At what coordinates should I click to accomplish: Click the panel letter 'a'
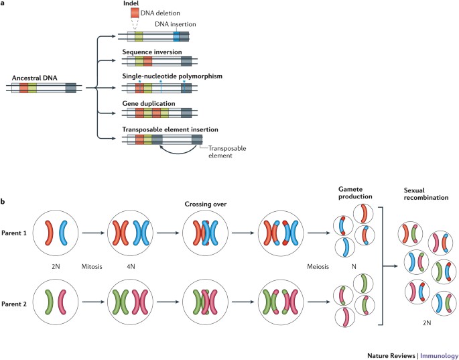pos(4,4)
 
